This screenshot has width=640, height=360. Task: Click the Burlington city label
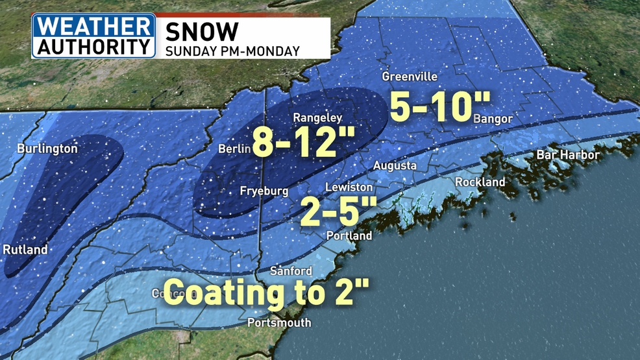pyautogui.click(x=47, y=149)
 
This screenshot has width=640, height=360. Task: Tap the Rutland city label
pyautogui.click(x=25, y=250)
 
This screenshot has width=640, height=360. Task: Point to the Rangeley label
pyautogui.click(x=317, y=118)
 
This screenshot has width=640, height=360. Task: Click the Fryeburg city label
pyautogui.click(x=264, y=192)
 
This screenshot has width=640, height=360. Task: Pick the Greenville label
pyautogui.click(x=410, y=77)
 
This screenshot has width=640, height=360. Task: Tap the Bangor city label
pyautogui.click(x=493, y=119)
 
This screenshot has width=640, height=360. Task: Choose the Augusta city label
pyautogui.click(x=395, y=166)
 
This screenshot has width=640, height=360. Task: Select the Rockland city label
pyautogui.click(x=480, y=182)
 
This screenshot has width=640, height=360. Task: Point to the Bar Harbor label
pyautogui.click(x=568, y=155)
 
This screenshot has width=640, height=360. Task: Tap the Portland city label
pyautogui.click(x=349, y=235)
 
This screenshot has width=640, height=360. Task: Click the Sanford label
pyautogui.click(x=291, y=271)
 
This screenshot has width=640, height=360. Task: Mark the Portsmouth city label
pyautogui.click(x=279, y=322)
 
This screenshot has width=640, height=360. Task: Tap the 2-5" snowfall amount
pyautogui.click(x=338, y=211)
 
